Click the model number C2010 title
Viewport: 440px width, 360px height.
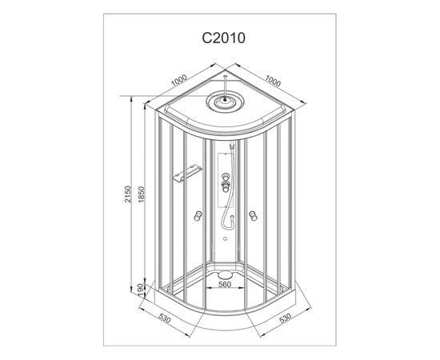[224, 38]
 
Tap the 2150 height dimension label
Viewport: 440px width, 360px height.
[128, 194]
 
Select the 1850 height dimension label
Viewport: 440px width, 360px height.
[141, 194]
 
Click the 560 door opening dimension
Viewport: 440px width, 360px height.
[225, 284]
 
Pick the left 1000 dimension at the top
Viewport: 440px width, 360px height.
[178, 80]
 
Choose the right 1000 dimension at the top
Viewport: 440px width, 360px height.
[273, 81]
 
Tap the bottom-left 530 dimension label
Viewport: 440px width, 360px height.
[165, 318]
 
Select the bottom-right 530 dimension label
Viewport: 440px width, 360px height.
[286, 318]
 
